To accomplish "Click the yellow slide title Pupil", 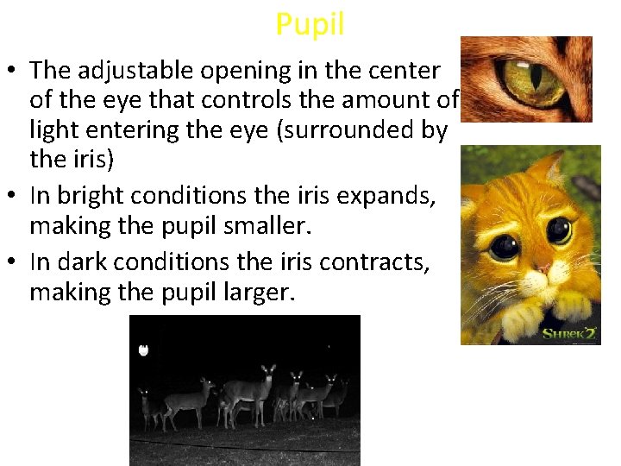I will click(x=310, y=24).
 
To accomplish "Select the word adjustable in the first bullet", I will click(x=141, y=70).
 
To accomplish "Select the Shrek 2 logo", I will click(x=568, y=333).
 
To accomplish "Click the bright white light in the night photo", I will click(x=144, y=350).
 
